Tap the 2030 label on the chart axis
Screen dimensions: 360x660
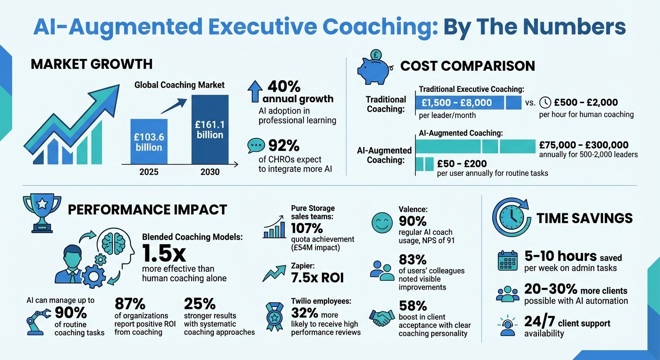210,172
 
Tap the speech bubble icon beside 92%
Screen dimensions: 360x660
256,145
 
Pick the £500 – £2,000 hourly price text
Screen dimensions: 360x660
585,102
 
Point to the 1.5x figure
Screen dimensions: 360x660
164,254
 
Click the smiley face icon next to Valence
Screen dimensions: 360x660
382,223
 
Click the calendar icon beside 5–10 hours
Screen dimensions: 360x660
507,261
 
